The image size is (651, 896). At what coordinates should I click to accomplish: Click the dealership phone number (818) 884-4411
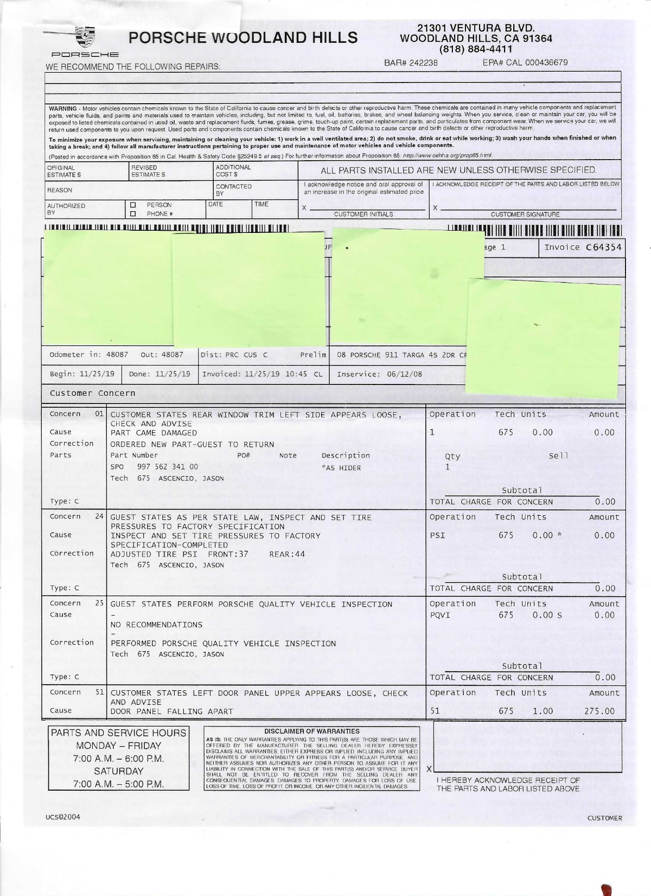476,49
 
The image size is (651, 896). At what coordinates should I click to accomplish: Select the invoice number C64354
603,248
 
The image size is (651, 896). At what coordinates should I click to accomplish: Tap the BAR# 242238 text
411,63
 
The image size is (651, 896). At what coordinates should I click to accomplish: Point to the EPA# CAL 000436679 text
525,63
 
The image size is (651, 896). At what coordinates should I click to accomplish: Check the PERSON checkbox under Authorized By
133,205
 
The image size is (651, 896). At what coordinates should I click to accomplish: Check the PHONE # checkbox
133,213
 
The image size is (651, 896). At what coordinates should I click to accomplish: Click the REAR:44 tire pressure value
287,554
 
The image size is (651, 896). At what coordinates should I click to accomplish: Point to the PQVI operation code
440,615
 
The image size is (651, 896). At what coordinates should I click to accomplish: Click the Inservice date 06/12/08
403,374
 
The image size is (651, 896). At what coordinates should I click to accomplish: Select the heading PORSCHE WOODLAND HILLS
243,37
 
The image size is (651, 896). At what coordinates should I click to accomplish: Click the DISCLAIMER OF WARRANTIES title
311,731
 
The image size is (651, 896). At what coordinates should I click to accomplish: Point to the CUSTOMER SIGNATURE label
525,214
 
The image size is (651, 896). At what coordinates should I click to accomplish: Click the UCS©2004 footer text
63,817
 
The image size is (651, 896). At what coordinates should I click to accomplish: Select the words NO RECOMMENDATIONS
156,625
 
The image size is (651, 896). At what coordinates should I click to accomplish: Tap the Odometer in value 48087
117,355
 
